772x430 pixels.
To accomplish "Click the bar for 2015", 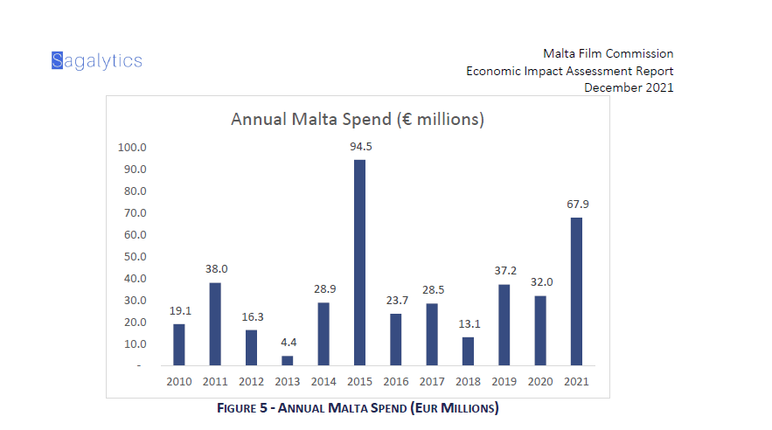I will (359, 262).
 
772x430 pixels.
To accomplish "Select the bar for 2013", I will (288, 360).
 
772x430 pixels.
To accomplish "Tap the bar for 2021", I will (576, 291).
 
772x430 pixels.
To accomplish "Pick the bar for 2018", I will (468, 350).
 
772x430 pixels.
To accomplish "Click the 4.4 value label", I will (288, 343).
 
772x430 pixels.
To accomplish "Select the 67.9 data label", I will (577, 205).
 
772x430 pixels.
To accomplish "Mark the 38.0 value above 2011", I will (215, 269).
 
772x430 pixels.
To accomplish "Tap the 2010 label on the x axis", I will (179, 381).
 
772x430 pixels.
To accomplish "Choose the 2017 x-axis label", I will (432, 381).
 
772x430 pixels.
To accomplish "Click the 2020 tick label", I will (540, 381).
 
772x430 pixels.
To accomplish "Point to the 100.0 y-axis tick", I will (133, 148).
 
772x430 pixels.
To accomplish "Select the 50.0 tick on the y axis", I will (135, 257).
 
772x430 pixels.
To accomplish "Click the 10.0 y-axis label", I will (135, 343).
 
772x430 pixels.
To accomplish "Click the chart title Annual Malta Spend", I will (357, 119).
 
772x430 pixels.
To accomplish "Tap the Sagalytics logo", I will (96, 60).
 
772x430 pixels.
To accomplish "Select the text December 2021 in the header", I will (629, 87).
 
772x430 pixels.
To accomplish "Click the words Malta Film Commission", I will (608, 54).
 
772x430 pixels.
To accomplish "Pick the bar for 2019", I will (504, 324).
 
